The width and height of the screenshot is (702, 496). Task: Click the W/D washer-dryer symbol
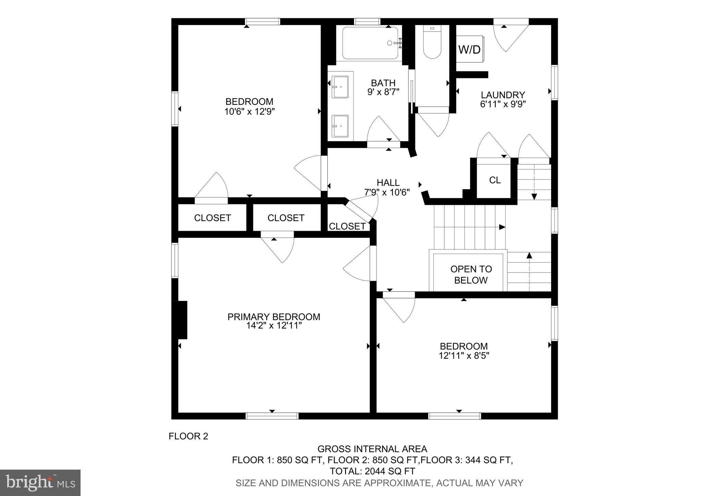[470, 49]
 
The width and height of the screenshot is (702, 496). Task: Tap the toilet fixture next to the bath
[432, 43]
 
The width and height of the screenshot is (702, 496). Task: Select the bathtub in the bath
[370, 43]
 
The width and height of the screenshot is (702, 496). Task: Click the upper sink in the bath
[340, 87]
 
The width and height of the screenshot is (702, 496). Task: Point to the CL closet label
[495, 180]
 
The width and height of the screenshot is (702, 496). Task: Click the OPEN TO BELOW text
[471, 275]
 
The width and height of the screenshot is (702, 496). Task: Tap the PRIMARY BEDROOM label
[274, 316]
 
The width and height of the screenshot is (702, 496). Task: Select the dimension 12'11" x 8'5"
[463, 356]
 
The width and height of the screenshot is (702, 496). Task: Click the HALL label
[388, 182]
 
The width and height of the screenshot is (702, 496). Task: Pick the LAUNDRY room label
[503, 95]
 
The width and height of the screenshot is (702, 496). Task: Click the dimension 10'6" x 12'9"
[250, 111]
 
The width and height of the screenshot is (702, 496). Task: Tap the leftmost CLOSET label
[212, 218]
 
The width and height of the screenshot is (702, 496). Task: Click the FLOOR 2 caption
[188, 436]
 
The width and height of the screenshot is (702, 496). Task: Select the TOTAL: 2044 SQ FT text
[372, 471]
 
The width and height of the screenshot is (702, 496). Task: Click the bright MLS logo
[40, 483]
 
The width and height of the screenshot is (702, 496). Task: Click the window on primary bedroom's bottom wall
[272, 416]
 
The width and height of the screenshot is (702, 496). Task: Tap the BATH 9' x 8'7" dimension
[383, 92]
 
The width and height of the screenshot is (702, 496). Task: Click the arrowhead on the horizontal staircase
[502, 227]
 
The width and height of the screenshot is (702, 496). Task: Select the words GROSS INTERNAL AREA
[372, 449]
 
